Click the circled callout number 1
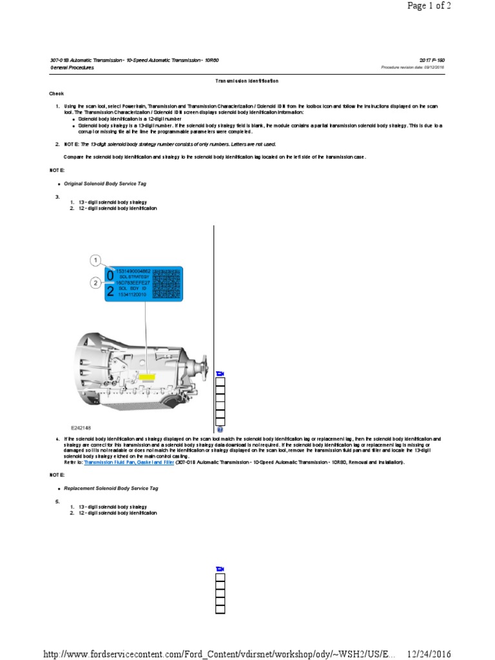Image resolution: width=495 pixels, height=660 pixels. [x=95, y=260]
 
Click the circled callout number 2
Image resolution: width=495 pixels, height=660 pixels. [x=95, y=282]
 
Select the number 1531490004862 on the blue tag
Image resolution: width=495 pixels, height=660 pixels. [x=133, y=271]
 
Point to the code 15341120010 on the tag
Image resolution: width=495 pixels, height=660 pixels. [x=131, y=295]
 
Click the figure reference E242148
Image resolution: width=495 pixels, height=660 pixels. [x=81, y=427]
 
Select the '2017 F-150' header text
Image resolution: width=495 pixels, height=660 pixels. [x=431, y=60]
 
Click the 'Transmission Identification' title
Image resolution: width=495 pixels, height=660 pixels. [x=247, y=81]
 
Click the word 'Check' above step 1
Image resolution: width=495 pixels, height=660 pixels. [x=57, y=93]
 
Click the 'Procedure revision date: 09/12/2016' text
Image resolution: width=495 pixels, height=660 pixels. [x=412, y=67]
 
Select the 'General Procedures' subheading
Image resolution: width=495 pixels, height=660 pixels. [x=72, y=67]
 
